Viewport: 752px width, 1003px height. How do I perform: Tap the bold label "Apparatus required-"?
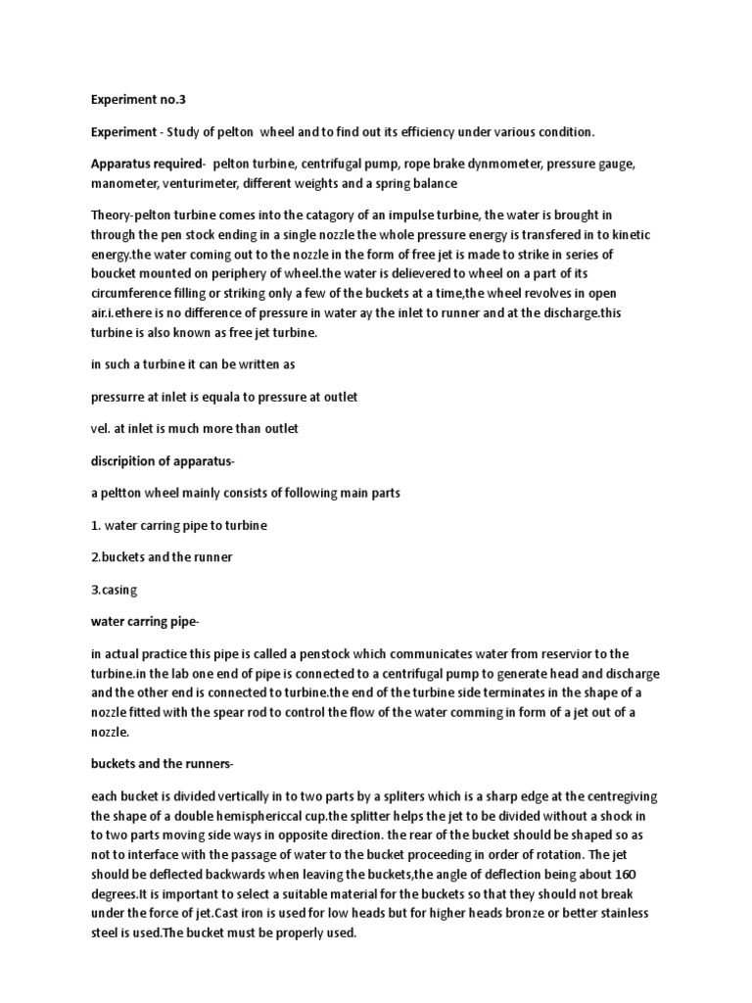point(146,164)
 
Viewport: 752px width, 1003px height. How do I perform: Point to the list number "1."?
point(96,525)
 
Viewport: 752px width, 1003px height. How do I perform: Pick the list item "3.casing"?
point(116,590)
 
